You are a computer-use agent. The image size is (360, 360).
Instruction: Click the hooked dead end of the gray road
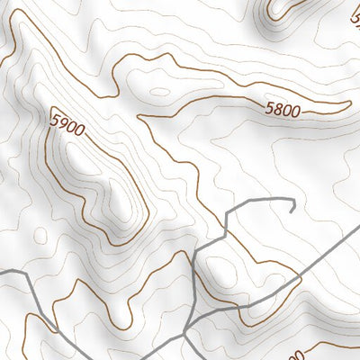(293, 207)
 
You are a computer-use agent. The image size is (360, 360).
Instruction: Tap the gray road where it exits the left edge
(3, 273)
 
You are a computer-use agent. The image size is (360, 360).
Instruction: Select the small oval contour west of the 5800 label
(159, 91)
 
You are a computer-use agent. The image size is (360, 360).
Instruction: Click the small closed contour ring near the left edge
(40, 235)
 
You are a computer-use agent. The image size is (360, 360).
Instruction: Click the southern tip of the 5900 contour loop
(114, 243)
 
